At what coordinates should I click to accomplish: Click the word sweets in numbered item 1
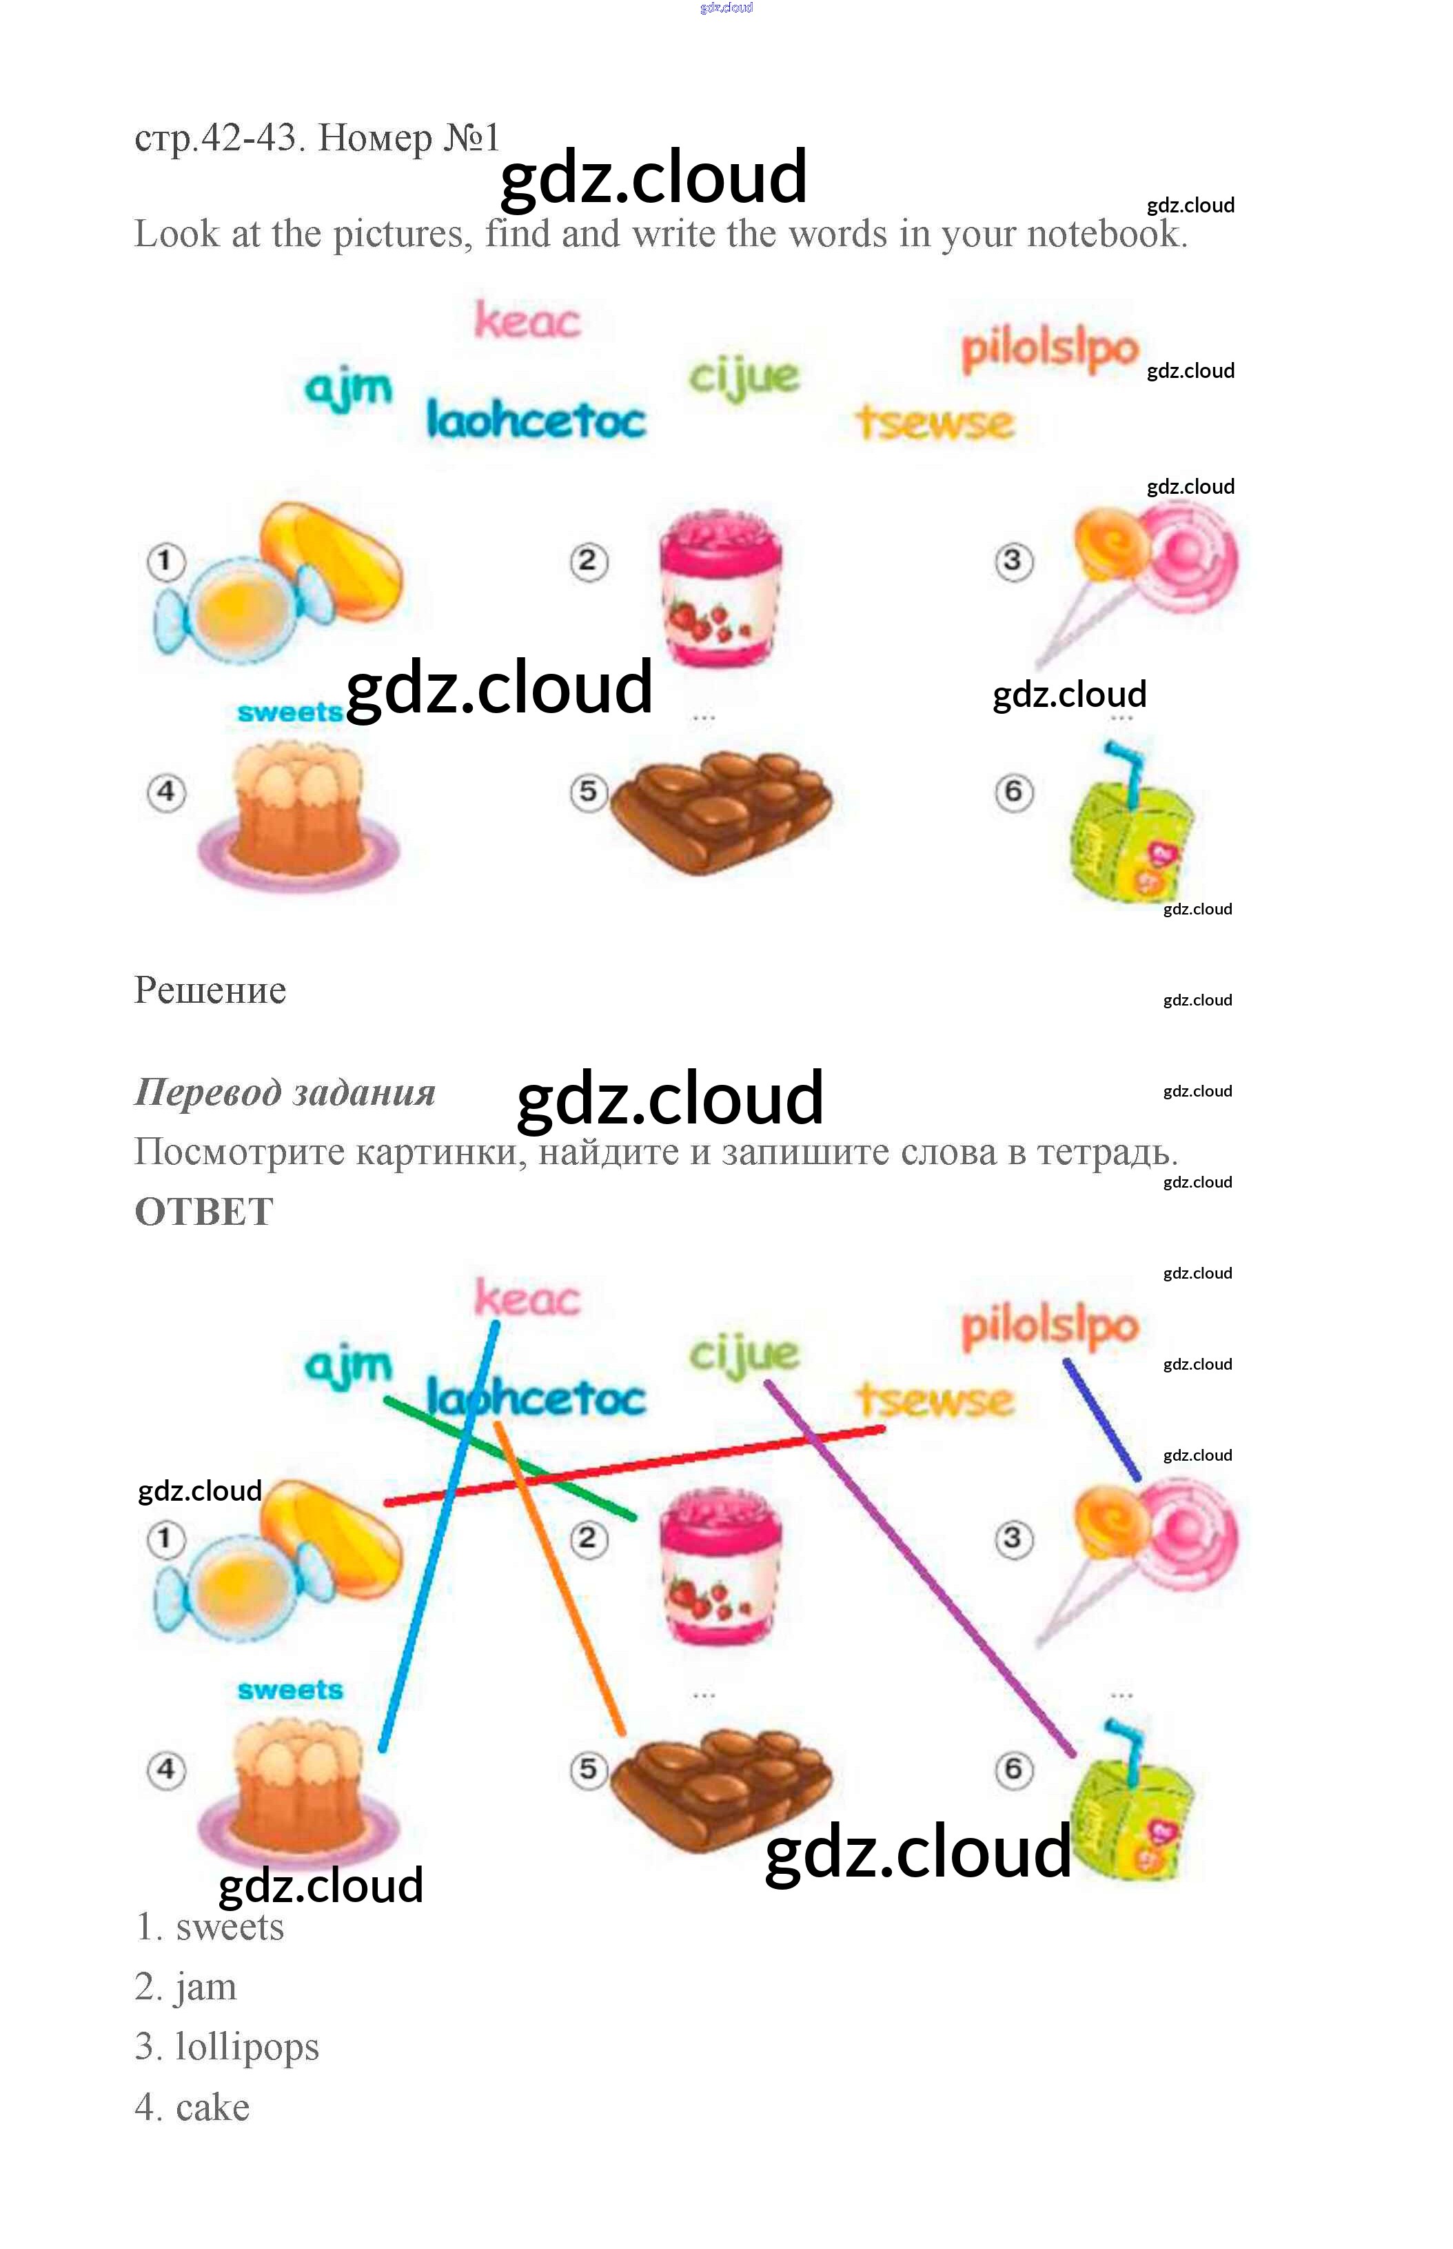point(230,1927)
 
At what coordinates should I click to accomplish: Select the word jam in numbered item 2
point(205,1987)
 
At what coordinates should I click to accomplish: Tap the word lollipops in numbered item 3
point(247,2046)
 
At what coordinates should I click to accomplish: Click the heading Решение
point(210,990)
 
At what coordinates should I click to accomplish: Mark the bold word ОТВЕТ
point(204,1212)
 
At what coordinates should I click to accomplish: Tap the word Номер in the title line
point(374,138)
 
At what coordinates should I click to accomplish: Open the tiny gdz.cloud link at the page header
point(726,8)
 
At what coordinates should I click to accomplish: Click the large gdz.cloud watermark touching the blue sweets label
point(498,689)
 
